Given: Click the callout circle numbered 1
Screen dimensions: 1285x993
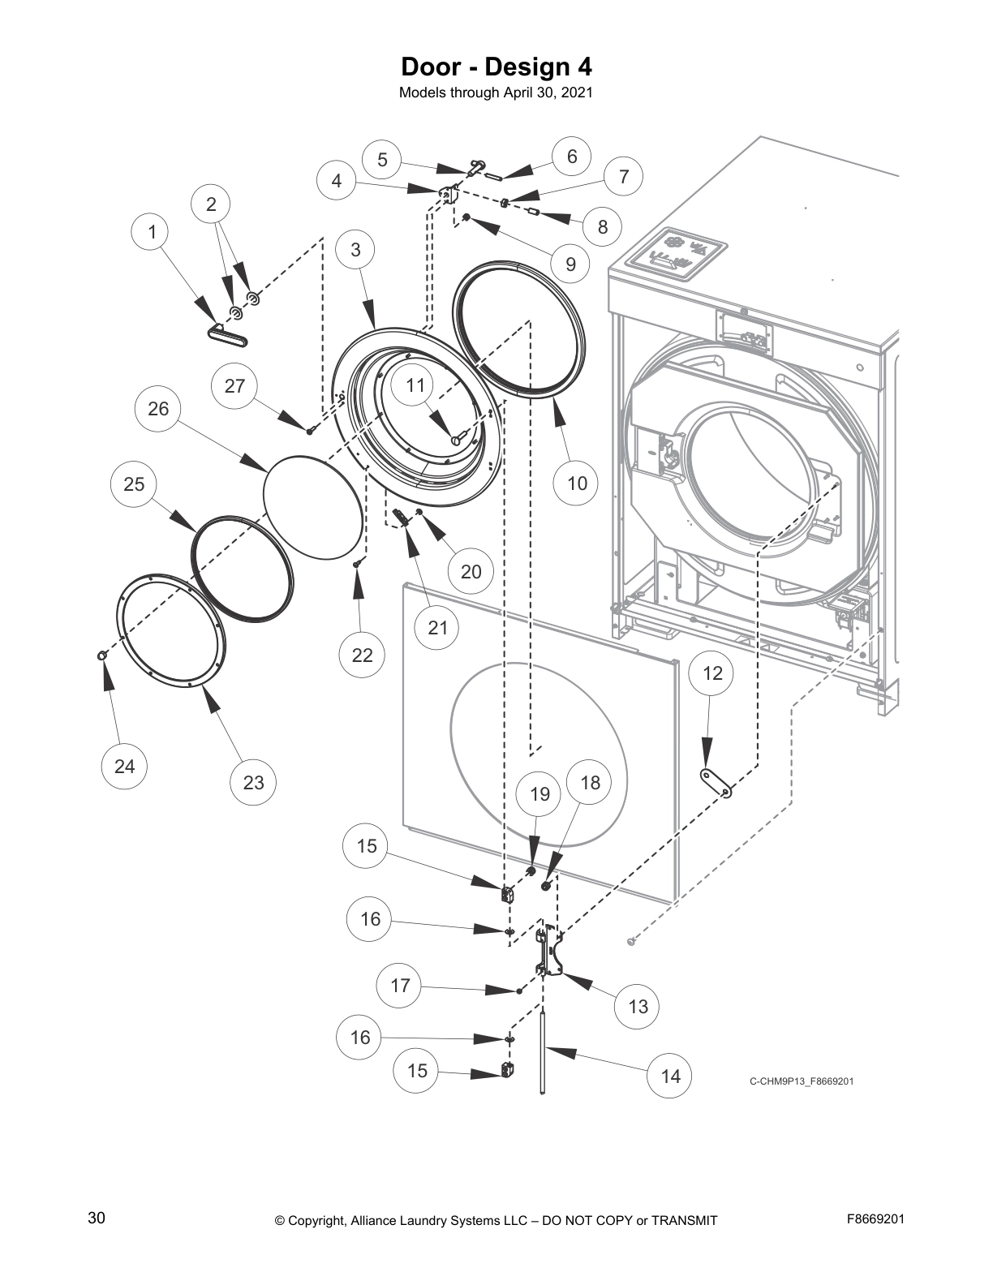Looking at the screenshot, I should tap(152, 232).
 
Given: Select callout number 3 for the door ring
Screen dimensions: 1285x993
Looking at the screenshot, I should tap(355, 249).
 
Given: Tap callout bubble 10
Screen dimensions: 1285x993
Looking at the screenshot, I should tap(576, 483).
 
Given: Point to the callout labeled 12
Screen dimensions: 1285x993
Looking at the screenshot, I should tap(711, 673).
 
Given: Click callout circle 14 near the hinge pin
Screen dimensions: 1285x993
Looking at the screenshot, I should tap(670, 1076).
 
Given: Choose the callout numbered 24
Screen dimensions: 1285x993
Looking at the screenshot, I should tap(124, 766).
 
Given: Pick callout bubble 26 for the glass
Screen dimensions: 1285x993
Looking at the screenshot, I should tap(158, 408).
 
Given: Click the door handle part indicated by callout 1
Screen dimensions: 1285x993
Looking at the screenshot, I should tap(226, 335).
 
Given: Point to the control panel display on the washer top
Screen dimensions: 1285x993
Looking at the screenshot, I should tap(678, 253).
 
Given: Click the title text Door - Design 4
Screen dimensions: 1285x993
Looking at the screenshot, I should tap(496, 65).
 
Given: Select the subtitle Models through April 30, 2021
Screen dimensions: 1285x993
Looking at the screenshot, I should tap(496, 92).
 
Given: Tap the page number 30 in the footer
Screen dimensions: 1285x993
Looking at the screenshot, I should tap(96, 1218).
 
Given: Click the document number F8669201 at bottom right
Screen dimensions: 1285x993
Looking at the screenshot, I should tap(875, 1218).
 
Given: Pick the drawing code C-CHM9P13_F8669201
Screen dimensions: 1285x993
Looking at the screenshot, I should tap(801, 1081).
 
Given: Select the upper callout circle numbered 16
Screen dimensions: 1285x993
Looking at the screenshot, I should tap(369, 918).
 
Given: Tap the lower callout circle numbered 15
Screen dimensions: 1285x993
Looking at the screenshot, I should tap(416, 1070).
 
